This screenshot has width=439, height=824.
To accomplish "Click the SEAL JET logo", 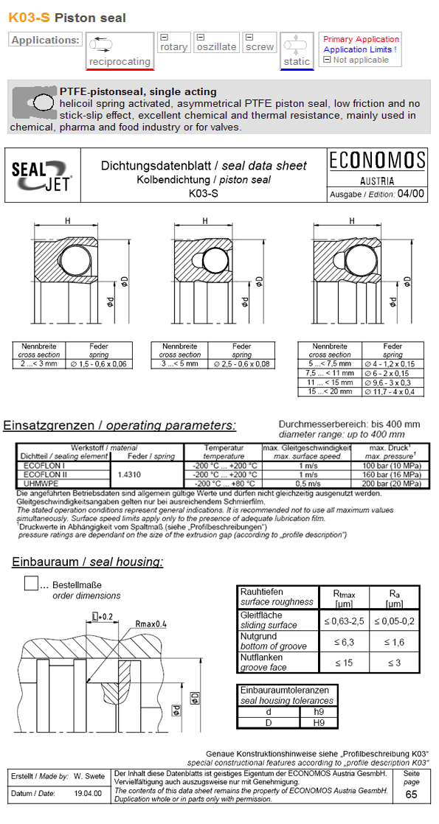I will coord(41,175).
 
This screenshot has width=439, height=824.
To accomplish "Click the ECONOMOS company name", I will coord(377,160).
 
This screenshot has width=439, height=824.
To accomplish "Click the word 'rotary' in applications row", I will coord(174,46).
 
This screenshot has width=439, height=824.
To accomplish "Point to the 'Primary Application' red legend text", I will coord(361,39).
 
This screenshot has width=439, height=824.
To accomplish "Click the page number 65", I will coord(411,795).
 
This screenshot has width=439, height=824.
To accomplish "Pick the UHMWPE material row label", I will coord(38,483).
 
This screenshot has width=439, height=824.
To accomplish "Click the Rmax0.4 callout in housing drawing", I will coord(151,624).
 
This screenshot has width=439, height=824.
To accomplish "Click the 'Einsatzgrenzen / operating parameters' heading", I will coord(120,425).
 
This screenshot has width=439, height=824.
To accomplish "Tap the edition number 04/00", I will coord(411,194).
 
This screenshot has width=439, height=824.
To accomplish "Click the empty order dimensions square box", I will coord(31,582).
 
